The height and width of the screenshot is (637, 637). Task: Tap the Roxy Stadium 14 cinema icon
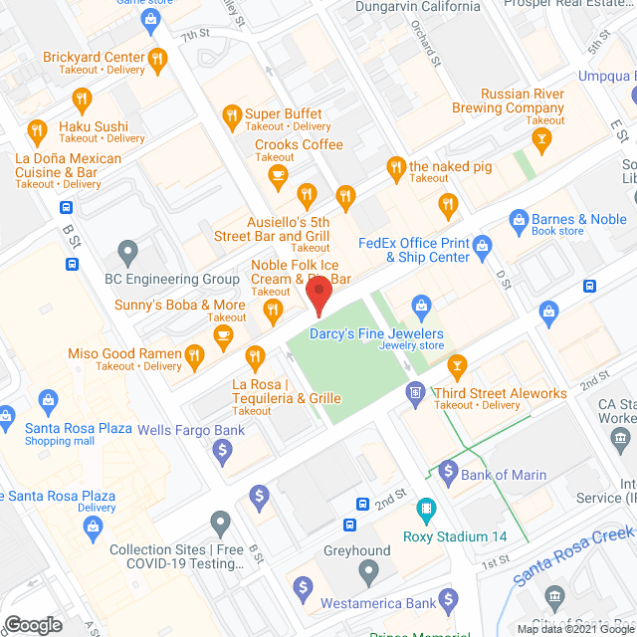(x=426, y=513)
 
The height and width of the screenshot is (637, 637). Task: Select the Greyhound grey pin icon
(x=369, y=572)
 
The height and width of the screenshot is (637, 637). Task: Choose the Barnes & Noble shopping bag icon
(x=517, y=219)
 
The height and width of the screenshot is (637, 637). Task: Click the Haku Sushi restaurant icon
(x=37, y=130)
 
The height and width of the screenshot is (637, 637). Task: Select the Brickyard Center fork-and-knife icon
(x=157, y=63)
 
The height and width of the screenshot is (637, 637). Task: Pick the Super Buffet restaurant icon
(x=231, y=114)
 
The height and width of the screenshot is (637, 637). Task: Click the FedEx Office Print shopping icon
(x=483, y=244)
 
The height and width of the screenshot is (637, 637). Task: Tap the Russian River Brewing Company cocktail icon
(x=543, y=141)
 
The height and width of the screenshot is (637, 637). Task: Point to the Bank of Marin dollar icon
(x=447, y=470)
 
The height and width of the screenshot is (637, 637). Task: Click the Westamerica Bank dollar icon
(x=449, y=599)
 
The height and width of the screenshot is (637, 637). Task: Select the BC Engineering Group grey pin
(x=127, y=253)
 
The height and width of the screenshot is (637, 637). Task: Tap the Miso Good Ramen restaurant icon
(x=195, y=353)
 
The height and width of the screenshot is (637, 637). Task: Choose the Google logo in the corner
(x=32, y=624)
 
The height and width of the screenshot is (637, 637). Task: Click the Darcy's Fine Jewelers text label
(x=375, y=334)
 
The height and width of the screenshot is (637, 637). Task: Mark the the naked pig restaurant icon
(x=395, y=167)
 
